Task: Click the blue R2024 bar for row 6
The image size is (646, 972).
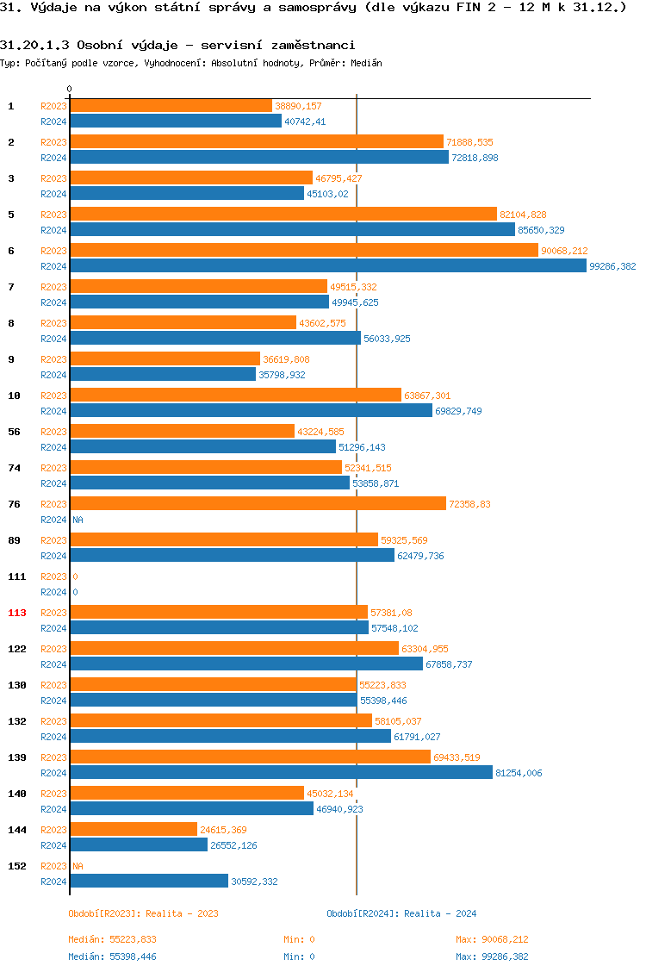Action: point(327,266)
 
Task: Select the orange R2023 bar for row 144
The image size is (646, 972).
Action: point(134,829)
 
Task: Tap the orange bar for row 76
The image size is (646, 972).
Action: point(258,503)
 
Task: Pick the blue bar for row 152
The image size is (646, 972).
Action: point(149,881)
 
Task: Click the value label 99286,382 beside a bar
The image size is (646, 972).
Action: point(612,266)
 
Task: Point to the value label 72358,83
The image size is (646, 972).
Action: point(470,504)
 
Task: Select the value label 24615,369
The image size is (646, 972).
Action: point(223,830)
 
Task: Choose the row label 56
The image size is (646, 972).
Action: point(15,432)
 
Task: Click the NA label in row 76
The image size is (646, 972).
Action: point(78,520)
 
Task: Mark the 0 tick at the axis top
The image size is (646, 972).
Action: point(69,90)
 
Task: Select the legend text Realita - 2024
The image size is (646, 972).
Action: point(440,913)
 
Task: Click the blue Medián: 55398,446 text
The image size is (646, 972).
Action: point(112,956)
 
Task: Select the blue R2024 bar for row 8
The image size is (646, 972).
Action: point(215,339)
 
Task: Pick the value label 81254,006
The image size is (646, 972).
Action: point(519,773)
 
